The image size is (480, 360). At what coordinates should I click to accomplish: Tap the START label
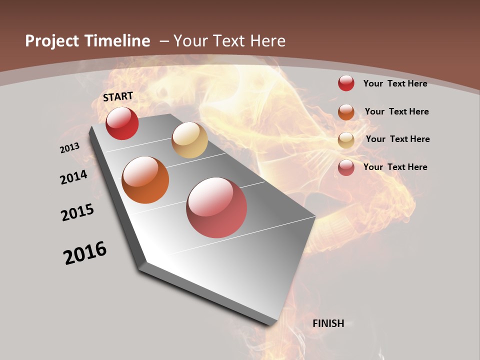coord(118,96)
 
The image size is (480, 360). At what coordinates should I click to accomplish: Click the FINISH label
coord(328,323)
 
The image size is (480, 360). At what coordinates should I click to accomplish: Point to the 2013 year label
coord(70,147)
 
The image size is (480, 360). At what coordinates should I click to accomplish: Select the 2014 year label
coord(74,177)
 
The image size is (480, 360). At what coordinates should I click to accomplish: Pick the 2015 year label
coord(77,212)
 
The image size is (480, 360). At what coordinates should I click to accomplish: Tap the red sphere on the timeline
coord(122,123)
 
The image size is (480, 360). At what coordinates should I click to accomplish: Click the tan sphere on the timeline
coord(189,140)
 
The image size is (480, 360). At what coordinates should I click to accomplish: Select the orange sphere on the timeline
coord(145,180)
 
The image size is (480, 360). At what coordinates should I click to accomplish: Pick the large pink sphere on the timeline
coord(216,207)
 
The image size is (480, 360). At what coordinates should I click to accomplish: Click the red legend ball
coord(346,83)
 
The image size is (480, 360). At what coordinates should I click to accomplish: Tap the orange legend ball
coord(346,112)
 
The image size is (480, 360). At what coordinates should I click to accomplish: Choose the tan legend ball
coord(346,140)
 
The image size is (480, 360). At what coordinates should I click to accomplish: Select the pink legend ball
coord(346,167)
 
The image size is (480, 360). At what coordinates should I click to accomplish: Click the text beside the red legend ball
coord(395,83)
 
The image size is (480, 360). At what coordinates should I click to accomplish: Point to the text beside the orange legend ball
coord(396,111)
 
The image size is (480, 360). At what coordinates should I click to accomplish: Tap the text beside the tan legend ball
coord(397,139)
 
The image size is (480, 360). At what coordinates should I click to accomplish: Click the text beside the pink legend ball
coord(395,167)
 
